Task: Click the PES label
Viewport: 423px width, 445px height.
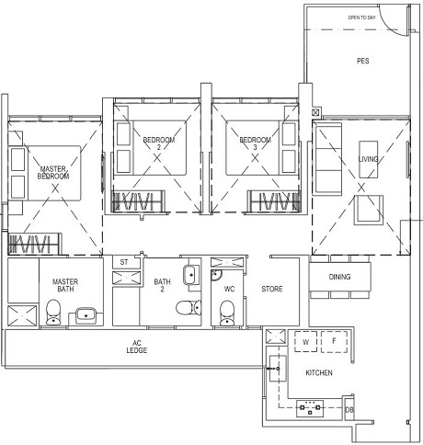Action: tap(363, 61)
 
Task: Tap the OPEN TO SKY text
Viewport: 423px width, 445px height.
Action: tap(361, 17)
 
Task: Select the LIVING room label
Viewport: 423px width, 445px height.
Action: tap(368, 159)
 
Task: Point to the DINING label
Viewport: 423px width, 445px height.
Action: tap(339, 277)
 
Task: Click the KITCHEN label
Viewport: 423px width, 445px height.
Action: tap(319, 373)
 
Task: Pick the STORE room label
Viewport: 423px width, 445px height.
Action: tap(272, 289)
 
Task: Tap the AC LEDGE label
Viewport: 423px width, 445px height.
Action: tap(137, 347)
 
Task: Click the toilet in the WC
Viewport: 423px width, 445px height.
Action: tap(227, 313)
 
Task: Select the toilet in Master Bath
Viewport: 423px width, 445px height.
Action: tap(53, 312)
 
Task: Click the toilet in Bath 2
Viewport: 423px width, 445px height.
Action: tap(189, 307)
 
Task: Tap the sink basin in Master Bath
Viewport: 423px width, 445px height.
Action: tap(86, 315)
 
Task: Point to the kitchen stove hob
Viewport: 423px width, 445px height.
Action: tap(310, 408)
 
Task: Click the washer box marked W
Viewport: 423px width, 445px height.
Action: tap(305, 342)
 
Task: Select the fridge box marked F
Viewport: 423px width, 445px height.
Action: tap(334, 342)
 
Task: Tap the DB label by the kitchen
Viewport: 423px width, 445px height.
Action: tap(349, 410)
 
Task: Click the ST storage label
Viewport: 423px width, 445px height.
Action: tap(124, 262)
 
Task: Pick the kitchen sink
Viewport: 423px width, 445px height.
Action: tap(278, 369)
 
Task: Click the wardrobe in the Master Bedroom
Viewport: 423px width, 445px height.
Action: tap(35, 244)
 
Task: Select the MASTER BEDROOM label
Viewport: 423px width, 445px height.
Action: tap(53, 173)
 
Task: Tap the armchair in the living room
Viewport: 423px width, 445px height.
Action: tap(369, 211)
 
